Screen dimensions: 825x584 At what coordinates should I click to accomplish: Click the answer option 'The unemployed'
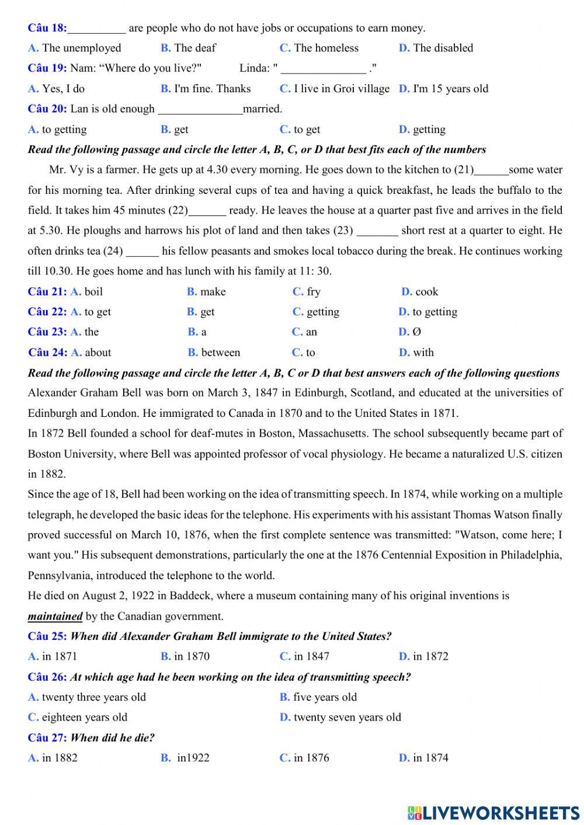(81, 48)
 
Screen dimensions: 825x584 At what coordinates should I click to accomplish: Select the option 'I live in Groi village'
(341, 89)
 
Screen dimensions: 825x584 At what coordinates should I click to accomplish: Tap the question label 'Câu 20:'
(47, 109)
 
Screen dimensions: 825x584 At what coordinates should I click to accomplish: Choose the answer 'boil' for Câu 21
(93, 291)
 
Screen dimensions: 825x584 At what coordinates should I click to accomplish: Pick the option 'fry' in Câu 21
(314, 291)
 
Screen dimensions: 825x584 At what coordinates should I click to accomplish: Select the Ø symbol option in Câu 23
(416, 332)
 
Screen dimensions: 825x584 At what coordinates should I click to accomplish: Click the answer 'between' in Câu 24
(220, 352)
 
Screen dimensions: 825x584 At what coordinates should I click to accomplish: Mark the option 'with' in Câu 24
(423, 352)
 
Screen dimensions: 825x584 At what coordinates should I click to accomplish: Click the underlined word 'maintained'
(55, 616)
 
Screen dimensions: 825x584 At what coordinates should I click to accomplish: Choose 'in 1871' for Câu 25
(59, 656)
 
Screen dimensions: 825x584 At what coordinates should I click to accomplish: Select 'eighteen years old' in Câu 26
(84, 717)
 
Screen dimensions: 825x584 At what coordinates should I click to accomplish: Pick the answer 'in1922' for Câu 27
(193, 758)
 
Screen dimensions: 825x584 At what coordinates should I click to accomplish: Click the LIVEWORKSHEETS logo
(493, 812)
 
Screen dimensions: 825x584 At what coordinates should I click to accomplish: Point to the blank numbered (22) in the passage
(207, 211)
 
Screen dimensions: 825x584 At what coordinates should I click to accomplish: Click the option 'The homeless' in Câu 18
(326, 48)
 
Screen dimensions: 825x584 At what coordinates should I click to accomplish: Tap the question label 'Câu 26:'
(47, 677)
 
